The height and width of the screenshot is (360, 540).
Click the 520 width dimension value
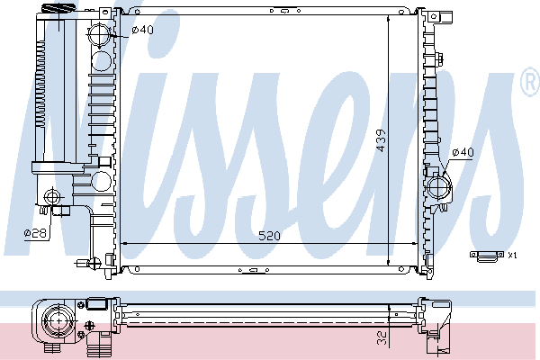tap(269, 236)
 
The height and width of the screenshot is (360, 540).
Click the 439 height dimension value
tap(382, 140)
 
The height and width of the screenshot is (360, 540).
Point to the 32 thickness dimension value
tap(382, 338)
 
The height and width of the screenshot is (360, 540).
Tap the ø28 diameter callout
tap(35, 233)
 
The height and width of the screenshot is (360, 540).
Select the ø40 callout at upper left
tap(142, 30)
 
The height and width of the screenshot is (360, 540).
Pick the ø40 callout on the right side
tap(463, 152)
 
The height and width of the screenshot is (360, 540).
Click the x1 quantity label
tap(512, 256)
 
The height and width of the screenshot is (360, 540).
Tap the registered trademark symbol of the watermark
tap(530, 82)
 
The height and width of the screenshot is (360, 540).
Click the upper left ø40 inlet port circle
tap(99, 34)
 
